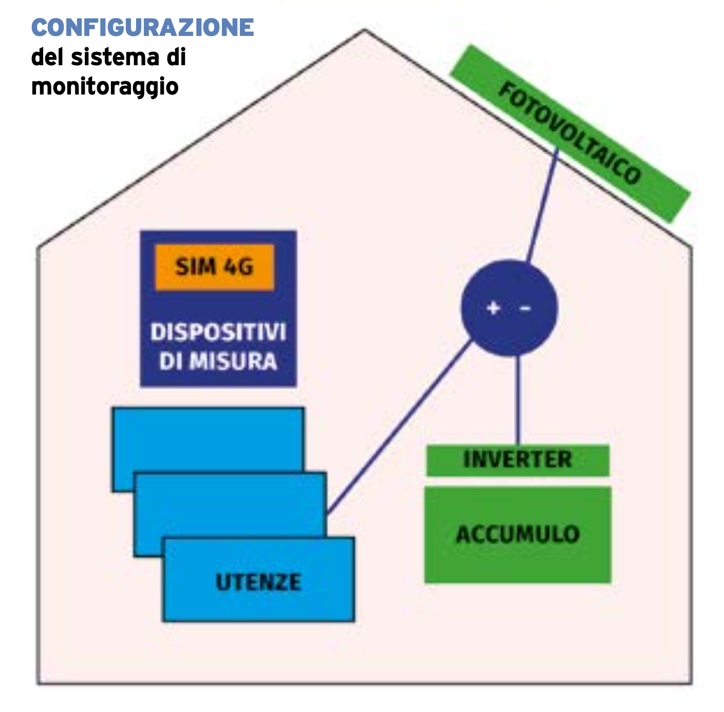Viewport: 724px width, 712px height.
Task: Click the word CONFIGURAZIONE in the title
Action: point(143,28)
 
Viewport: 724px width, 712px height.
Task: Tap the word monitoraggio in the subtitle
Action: point(105,86)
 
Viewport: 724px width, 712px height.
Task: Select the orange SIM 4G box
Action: point(215,267)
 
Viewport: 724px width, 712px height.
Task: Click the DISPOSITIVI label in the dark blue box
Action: point(218,332)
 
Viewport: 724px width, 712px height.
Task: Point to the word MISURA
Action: point(233,362)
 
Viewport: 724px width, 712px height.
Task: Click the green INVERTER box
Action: point(518,460)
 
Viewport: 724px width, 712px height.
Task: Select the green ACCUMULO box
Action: point(518,534)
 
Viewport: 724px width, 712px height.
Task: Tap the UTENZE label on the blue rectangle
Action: point(258,583)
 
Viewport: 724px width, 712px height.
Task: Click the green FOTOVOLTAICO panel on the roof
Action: point(570,134)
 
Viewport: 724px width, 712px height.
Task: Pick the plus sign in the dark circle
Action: point(493,308)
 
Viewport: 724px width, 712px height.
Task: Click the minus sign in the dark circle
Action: point(525,308)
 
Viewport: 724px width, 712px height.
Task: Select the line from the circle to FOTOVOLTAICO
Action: point(543,205)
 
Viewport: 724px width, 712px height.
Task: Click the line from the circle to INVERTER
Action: point(518,401)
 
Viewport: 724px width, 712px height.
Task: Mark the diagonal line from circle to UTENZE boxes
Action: point(401,426)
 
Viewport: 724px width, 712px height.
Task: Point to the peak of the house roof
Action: point(365,30)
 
